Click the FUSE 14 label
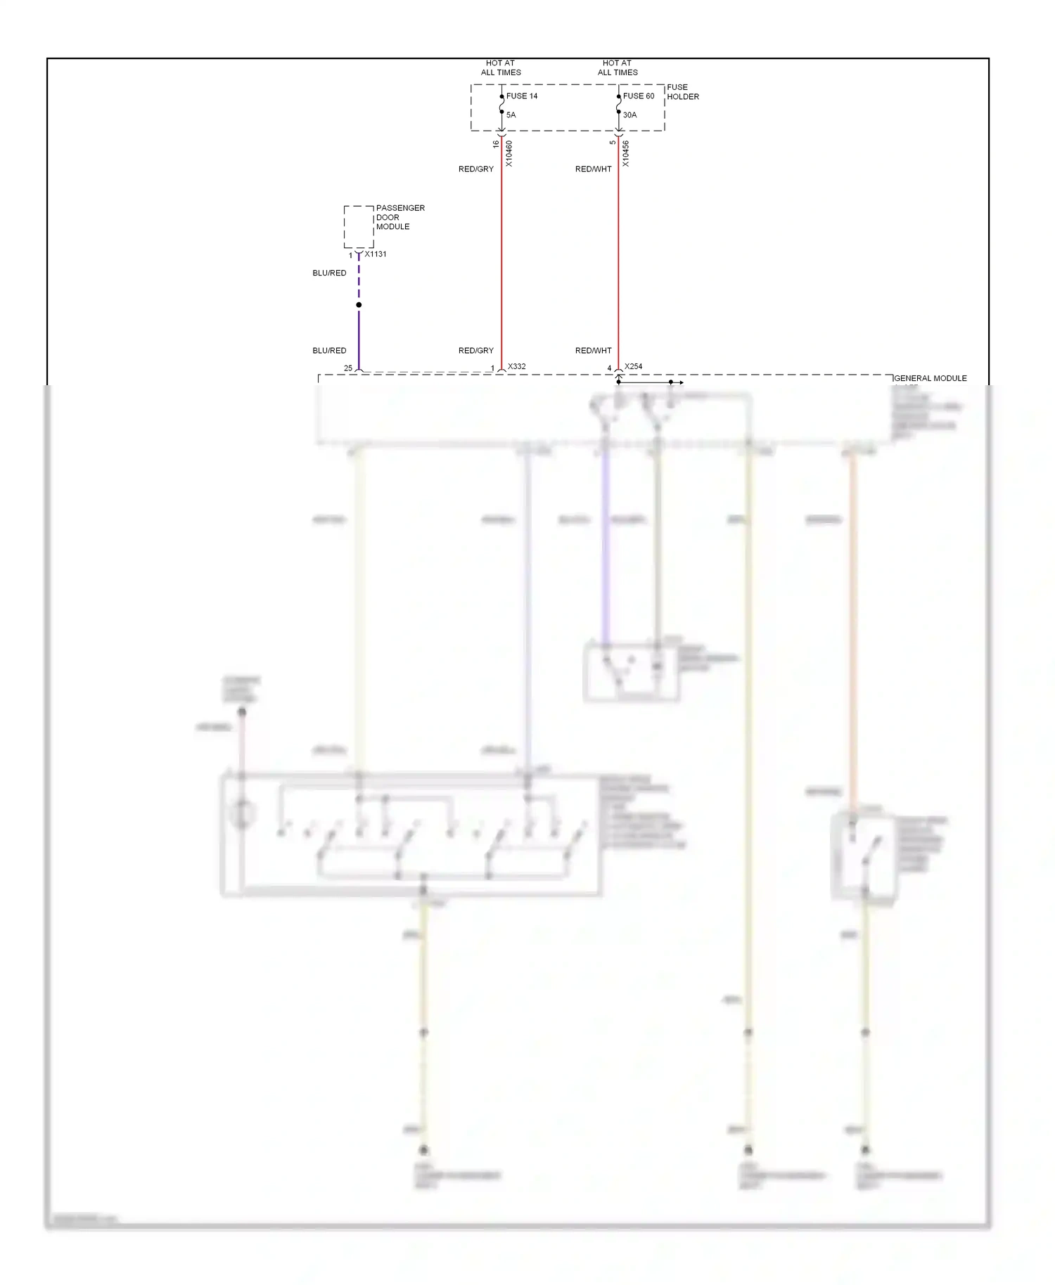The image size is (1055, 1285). [521, 96]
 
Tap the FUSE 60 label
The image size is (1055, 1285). [638, 96]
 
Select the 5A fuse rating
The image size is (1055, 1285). [511, 115]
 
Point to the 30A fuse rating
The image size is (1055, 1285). [629, 115]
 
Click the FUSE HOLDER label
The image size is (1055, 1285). [682, 92]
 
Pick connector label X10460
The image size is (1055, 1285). [509, 154]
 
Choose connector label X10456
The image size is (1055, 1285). [626, 154]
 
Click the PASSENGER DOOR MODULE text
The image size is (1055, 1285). [399, 217]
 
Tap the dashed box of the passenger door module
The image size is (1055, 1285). [358, 226]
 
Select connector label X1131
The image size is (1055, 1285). [376, 254]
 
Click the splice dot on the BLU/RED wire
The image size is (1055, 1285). [359, 305]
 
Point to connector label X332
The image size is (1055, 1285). [517, 367]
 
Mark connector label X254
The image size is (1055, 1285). [633, 367]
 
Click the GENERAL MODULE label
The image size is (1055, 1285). [930, 378]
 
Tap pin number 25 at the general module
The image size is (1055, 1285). [348, 368]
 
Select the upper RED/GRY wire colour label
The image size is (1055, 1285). [476, 169]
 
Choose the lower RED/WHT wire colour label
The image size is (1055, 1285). [594, 351]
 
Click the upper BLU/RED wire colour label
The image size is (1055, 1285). [329, 273]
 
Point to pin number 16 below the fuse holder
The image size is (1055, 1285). [496, 144]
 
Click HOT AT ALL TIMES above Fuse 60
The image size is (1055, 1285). [618, 67]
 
